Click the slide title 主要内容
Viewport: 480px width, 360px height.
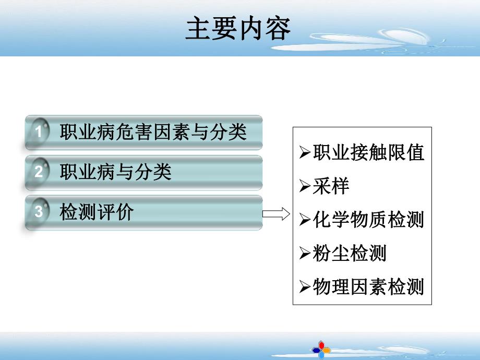tap(238, 30)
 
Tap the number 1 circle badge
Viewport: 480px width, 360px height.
tap(39, 131)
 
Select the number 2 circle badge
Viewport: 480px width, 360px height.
tap(39, 172)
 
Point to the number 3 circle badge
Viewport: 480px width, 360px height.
tap(39, 212)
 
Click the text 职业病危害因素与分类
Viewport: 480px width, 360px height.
tap(153, 131)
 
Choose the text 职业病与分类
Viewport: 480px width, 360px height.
tap(116, 172)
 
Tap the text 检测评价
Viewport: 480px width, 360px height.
tap(97, 212)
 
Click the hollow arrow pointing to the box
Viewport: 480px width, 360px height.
tap(275, 214)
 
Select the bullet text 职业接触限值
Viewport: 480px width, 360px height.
tap(368, 152)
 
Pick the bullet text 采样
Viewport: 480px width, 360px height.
tap(331, 186)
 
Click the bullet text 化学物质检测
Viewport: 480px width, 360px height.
tap(368, 220)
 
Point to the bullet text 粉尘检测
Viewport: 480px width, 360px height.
tap(350, 253)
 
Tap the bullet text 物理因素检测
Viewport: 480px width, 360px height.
tap(368, 287)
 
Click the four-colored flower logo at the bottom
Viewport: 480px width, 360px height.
tap(321, 349)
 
